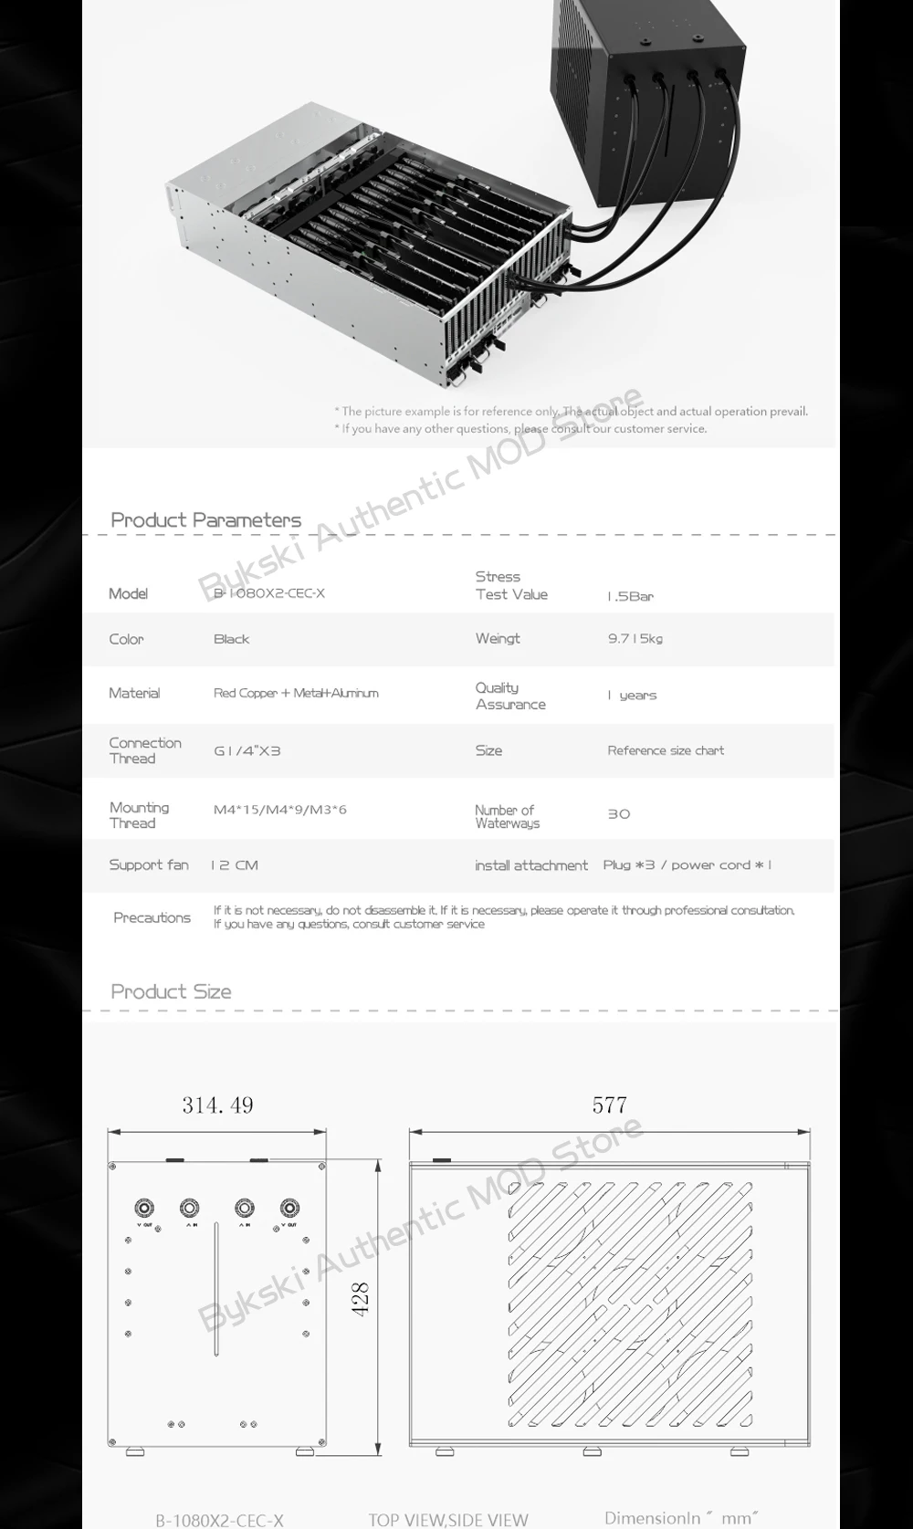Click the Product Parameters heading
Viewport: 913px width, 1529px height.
(205, 520)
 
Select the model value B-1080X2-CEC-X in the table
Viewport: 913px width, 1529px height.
(269, 593)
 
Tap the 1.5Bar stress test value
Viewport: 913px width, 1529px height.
(631, 596)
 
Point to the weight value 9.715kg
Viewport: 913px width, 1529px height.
(635, 639)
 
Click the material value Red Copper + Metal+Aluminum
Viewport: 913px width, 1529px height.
(296, 694)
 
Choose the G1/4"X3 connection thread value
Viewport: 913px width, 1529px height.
(247, 751)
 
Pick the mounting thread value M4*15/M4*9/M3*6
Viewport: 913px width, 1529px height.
(279, 810)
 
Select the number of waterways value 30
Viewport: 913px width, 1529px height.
(619, 814)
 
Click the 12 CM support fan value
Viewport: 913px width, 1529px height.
(235, 865)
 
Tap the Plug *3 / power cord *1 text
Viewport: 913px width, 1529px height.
(687, 865)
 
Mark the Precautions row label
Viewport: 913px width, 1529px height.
(152, 918)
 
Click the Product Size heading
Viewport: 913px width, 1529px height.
(171, 992)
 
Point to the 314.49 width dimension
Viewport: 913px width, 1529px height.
(217, 1105)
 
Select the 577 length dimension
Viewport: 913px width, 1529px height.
(609, 1105)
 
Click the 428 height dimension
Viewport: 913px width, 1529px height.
(361, 1298)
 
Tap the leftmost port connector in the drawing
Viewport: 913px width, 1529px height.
(144, 1208)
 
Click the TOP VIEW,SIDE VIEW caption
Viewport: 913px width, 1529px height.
(448, 1519)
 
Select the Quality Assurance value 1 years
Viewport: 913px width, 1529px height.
(632, 696)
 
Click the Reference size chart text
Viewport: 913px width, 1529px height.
(666, 751)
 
